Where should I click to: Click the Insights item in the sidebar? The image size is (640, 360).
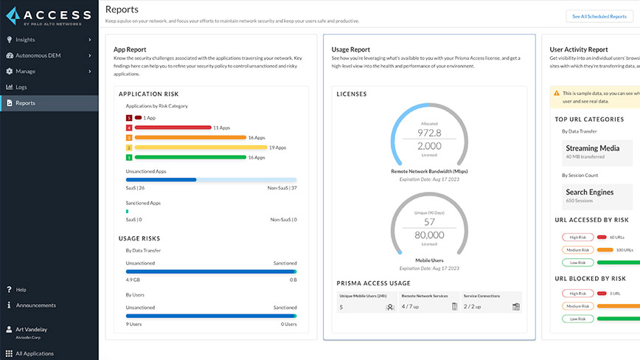point(25,39)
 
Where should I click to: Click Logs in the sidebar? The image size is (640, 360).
point(21,87)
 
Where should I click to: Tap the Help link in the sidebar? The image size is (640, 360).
point(21,289)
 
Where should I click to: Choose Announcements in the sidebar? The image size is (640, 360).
point(35,305)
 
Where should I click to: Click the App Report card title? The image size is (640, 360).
point(130,49)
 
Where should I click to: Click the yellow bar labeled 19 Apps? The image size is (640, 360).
point(200,148)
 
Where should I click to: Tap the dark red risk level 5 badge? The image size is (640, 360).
point(129,118)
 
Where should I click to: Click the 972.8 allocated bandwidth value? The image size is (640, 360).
point(429,133)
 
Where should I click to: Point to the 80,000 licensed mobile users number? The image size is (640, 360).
point(429,235)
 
